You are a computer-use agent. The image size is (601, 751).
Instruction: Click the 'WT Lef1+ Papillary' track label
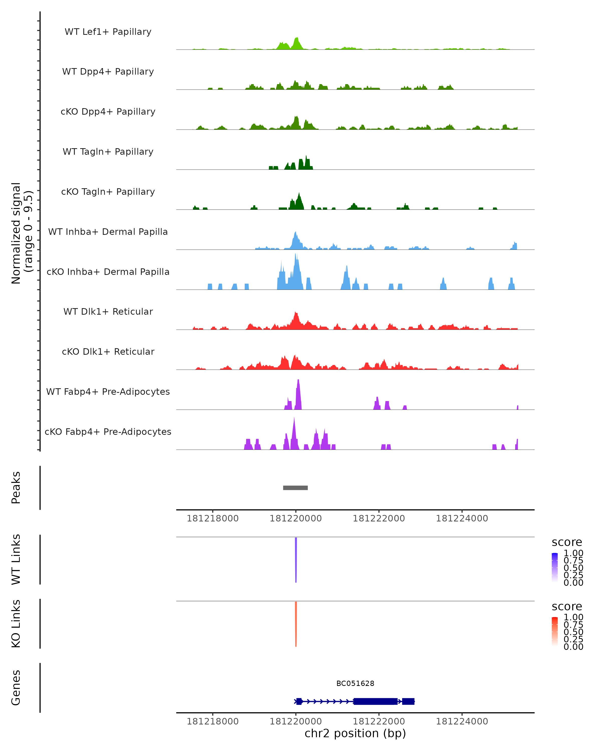108,32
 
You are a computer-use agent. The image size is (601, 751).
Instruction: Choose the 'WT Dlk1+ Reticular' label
108,311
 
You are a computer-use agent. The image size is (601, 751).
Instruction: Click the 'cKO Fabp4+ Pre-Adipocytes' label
108,432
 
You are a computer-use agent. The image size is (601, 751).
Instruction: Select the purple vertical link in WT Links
296,559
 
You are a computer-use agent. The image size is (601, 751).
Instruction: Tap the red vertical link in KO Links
296,624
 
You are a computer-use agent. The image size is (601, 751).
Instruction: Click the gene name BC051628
355,683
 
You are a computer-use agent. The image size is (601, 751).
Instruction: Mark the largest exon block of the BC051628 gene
375,701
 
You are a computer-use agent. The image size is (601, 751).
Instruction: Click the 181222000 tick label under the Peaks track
379,519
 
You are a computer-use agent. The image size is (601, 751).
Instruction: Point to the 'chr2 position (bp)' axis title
355,733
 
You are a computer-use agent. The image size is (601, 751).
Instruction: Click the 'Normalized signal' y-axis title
16,233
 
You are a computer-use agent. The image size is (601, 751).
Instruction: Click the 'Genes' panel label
16,688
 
